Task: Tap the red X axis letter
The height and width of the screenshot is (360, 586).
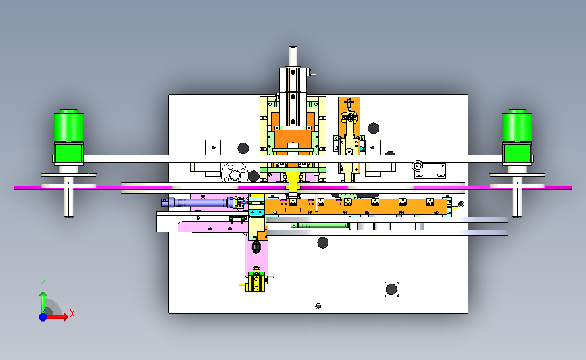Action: (72, 313)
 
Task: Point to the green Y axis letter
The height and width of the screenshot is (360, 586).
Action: (43, 284)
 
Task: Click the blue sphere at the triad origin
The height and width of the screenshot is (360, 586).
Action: (43, 317)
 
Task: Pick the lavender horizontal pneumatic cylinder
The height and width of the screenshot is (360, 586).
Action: (198, 203)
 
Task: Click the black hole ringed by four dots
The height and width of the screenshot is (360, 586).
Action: (391, 290)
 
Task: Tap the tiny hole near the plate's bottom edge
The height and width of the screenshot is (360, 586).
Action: (318, 306)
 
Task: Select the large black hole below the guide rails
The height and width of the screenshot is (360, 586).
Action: (323, 242)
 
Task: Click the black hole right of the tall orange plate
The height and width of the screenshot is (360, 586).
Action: (373, 128)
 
